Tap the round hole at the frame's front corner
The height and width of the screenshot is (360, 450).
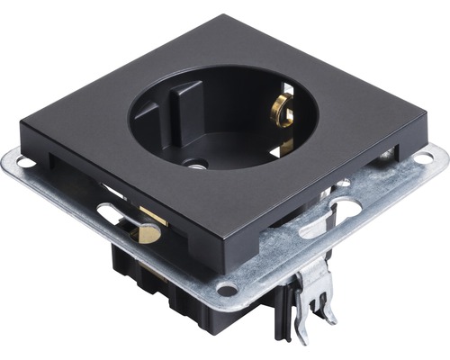[228, 290]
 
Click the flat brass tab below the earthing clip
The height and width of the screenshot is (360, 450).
[287, 144]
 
